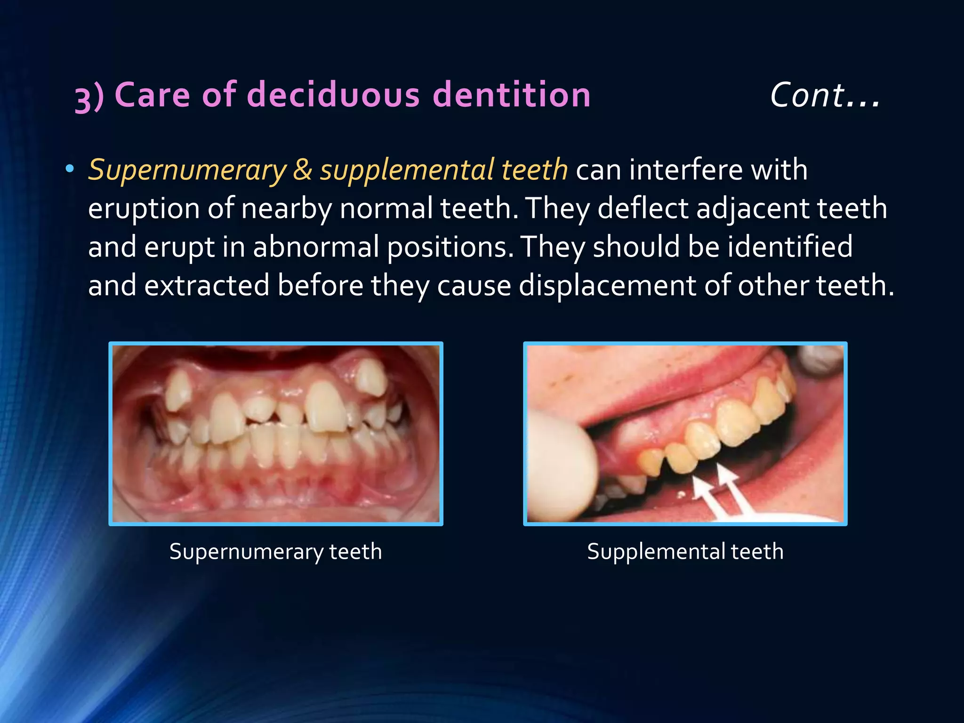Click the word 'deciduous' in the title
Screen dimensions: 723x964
pyautogui.click(x=332, y=95)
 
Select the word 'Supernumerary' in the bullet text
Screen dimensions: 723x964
pyautogui.click(x=187, y=170)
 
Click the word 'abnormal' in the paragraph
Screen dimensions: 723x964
pyautogui.click(x=316, y=247)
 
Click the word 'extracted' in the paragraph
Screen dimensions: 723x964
pyautogui.click(x=207, y=286)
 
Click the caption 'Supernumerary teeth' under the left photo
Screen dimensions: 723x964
pyautogui.click(x=275, y=552)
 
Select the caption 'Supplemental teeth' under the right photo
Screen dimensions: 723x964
pyautogui.click(x=685, y=552)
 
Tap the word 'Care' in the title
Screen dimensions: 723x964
pyautogui.click(x=152, y=95)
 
